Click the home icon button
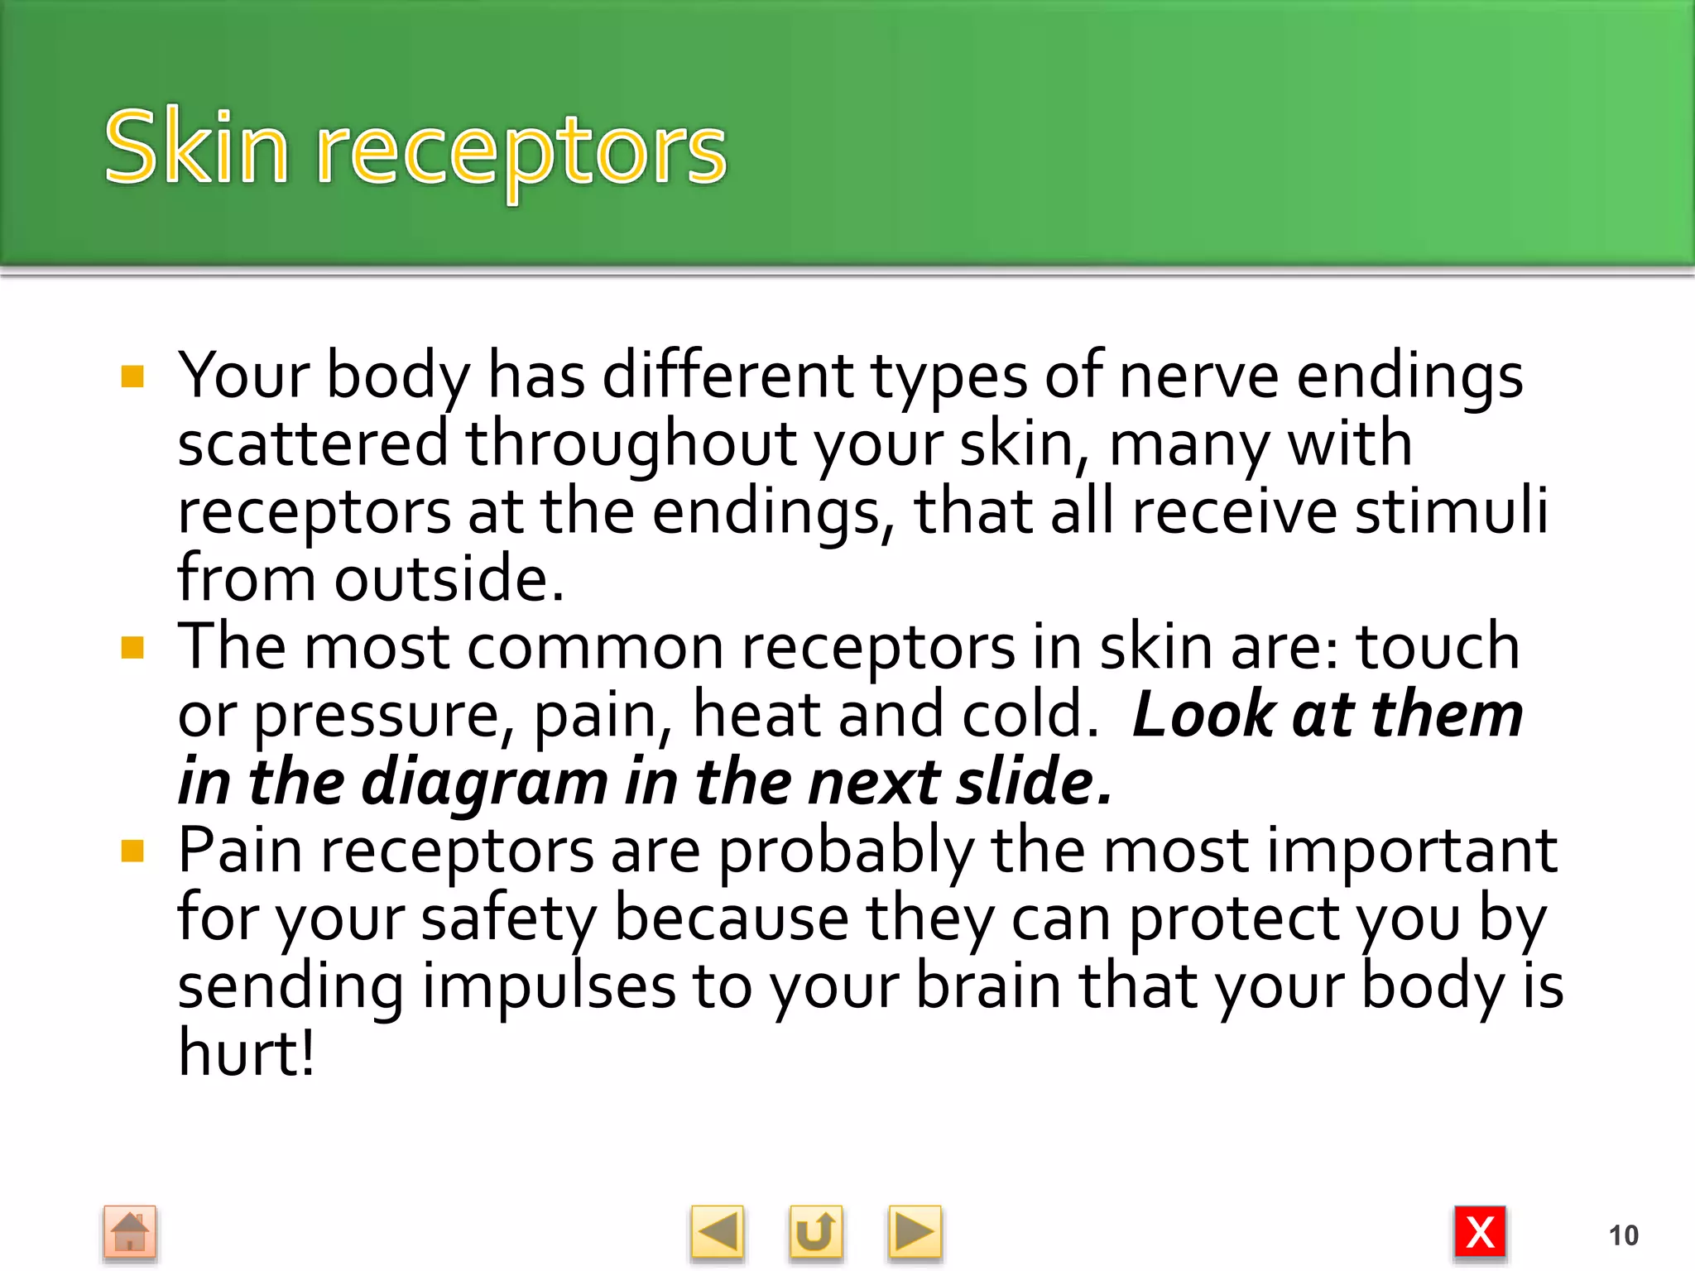point(130,1233)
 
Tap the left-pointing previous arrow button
point(717,1233)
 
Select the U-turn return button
point(815,1233)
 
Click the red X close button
point(1480,1233)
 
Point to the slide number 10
point(1623,1235)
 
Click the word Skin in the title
point(196,149)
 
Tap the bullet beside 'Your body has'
point(132,377)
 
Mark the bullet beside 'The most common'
point(132,647)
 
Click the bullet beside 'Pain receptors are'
point(132,851)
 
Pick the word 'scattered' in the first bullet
point(313,444)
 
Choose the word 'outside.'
point(449,578)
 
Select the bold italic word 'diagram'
point(484,782)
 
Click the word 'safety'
point(508,919)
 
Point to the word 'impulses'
point(549,987)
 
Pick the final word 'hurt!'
point(246,1053)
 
